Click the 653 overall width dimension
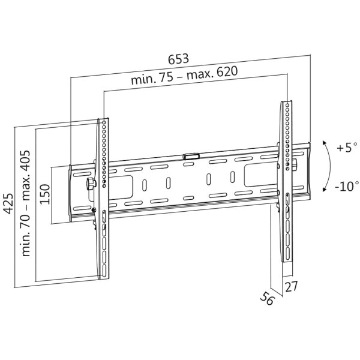pyautogui.click(x=178, y=59)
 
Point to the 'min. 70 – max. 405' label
pyautogui.click(x=26, y=203)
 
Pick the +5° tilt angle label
pyautogui.click(x=346, y=147)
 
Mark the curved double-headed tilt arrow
pyautogui.click(x=329, y=166)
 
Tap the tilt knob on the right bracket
pyautogui.click(x=295, y=163)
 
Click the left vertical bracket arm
pyautogui.click(x=103, y=198)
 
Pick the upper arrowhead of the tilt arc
pyautogui.click(x=324, y=143)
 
